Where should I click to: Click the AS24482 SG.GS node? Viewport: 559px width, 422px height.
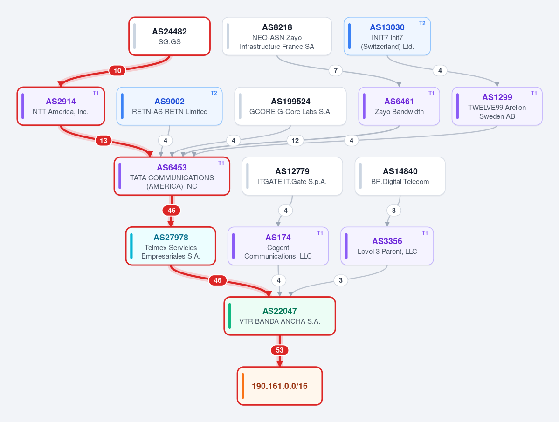tap(169, 36)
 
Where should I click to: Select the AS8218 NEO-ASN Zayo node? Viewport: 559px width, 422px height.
tap(277, 36)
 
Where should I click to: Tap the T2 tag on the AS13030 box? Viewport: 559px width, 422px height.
tap(422, 23)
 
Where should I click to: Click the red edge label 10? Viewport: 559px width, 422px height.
tap(117, 70)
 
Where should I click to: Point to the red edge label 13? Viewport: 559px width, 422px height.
tap(104, 141)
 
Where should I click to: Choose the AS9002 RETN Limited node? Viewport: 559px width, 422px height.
tap(169, 106)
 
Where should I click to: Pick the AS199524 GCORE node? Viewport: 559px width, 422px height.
tap(290, 106)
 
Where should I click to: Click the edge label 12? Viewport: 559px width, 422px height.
tap(295, 141)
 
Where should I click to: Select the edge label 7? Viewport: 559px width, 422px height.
tap(336, 70)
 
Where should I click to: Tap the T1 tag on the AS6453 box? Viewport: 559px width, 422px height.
tap(221, 163)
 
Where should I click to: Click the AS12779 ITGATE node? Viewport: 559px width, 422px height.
tap(292, 176)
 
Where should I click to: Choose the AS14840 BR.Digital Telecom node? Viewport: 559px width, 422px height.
tap(400, 176)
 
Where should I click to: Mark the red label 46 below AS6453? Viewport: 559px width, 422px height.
tap(172, 211)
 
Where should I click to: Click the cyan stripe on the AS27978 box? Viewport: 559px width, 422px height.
tap(131, 246)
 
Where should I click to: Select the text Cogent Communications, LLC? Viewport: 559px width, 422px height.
tap(278, 252)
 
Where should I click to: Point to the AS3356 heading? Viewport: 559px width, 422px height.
tap(387, 241)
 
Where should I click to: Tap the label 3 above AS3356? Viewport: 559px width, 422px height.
tap(394, 211)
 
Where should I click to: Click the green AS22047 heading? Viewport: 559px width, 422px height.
tap(280, 311)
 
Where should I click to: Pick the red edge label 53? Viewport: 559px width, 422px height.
tap(280, 350)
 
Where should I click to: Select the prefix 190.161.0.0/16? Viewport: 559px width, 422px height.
tap(280, 386)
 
